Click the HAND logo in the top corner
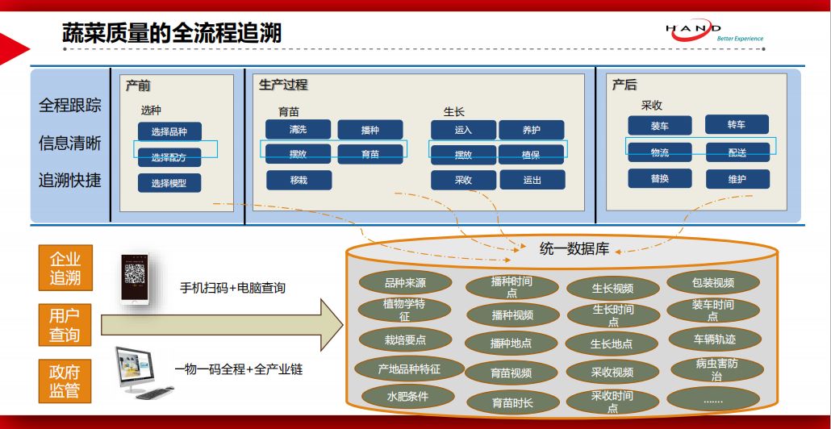point(714,31)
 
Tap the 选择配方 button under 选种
point(169,157)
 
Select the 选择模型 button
point(169,183)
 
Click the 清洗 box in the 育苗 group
point(298,129)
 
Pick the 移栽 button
point(299,180)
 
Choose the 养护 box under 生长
point(532,130)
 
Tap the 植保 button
point(531,155)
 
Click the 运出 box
point(532,180)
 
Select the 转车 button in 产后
point(737,125)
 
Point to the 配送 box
point(737,152)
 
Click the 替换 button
point(660,178)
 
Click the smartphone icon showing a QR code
point(135,278)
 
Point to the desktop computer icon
point(145,372)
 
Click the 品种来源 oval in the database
point(405,282)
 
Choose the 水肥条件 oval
point(406,396)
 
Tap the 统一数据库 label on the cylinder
point(574,249)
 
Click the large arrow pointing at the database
point(218,323)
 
